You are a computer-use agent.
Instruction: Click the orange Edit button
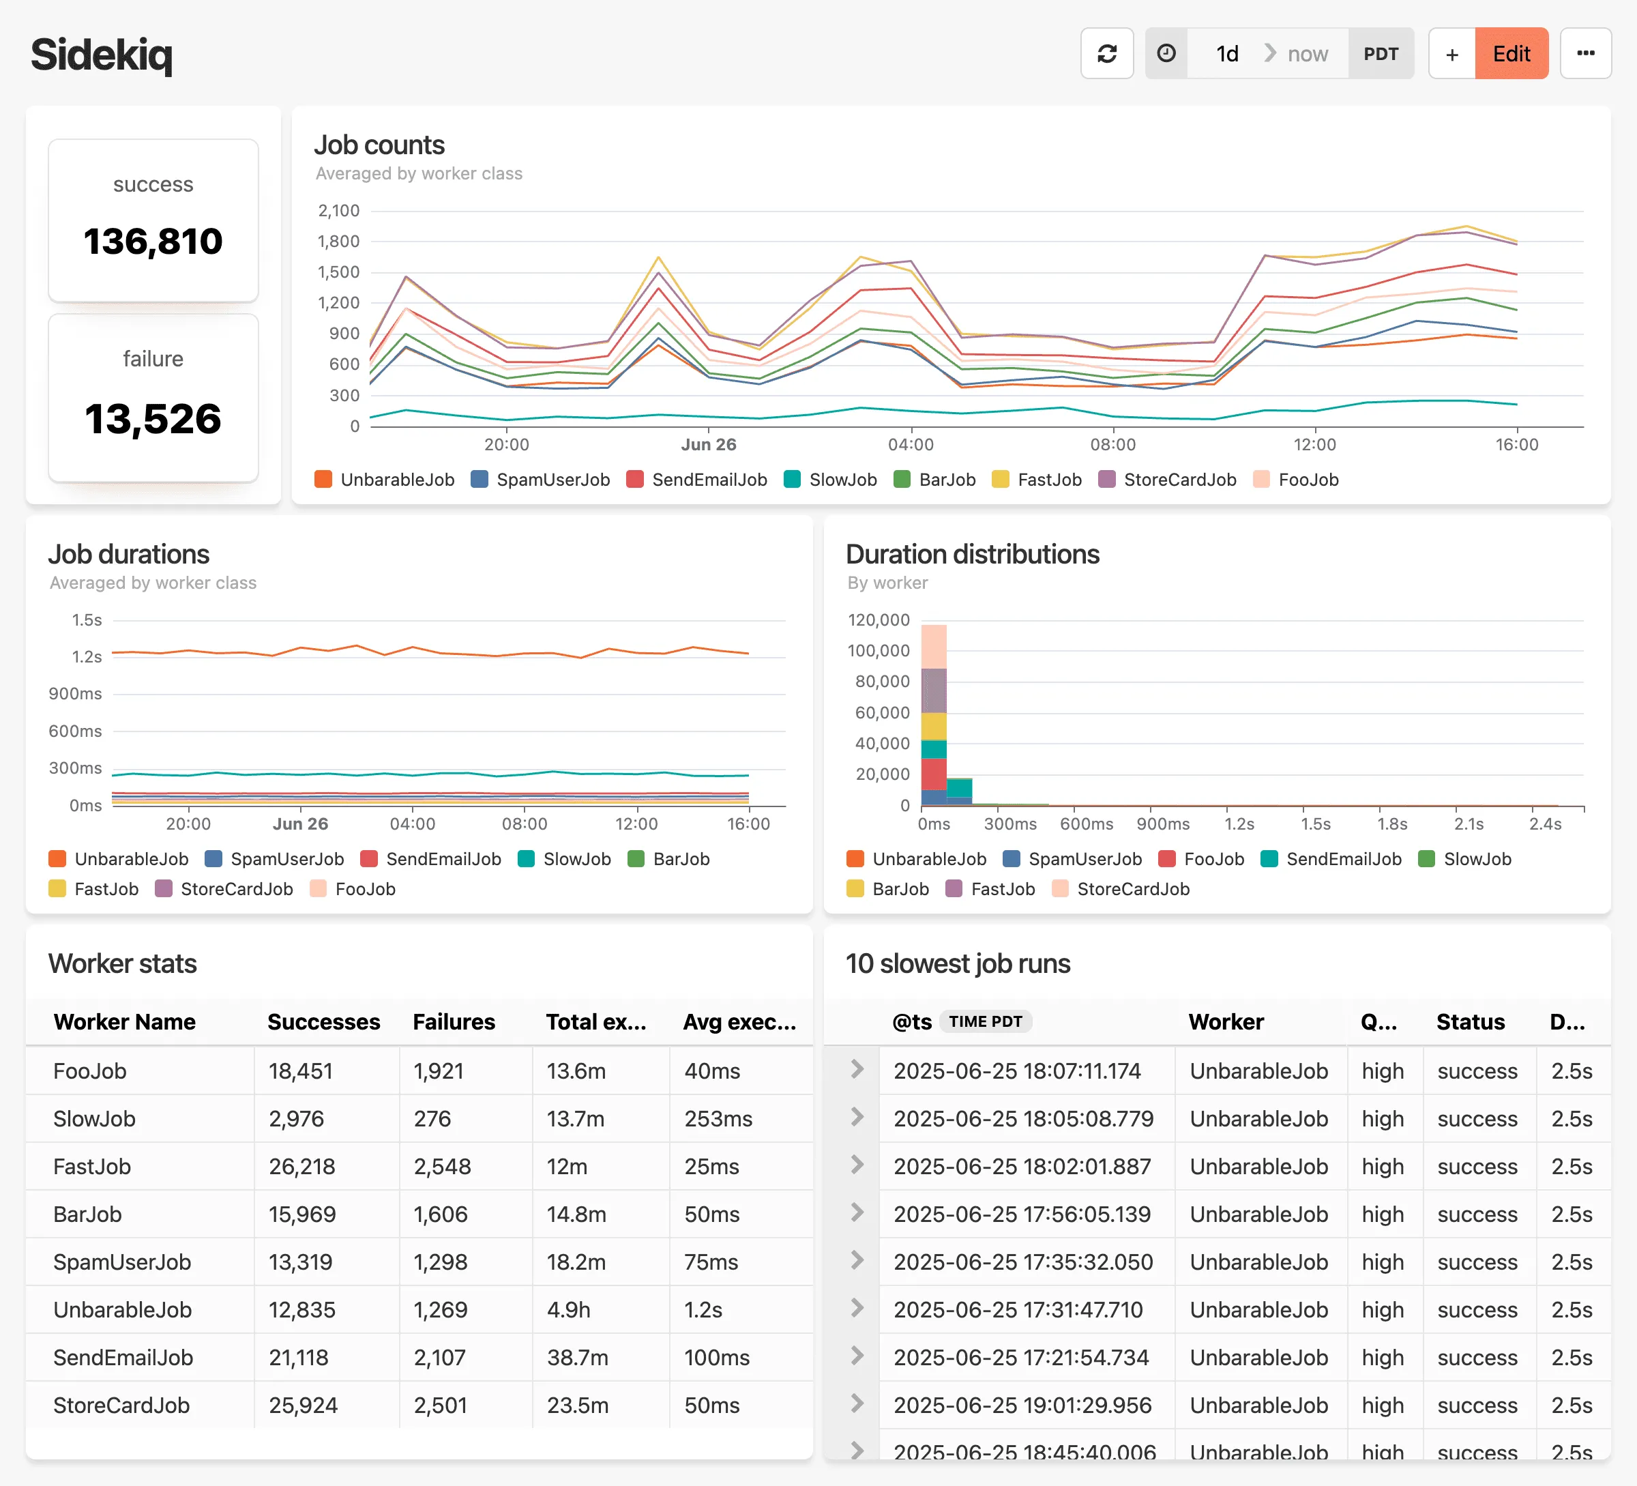pyautogui.click(x=1510, y=54)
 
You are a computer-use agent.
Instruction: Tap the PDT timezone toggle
pyautogui.click(x=1380, y=54)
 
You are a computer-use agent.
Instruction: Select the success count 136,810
pyautogui.click(x=153, y=241)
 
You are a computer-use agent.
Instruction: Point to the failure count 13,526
pyautogui.click(x=153, y=418)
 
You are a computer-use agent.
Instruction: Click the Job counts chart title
pyautogui.click(x=379, y=145)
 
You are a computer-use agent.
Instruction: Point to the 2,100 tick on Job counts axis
pyautogui.click(x=338, y=211)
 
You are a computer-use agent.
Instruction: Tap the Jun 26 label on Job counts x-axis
pyautogui.click(x=708, y=444)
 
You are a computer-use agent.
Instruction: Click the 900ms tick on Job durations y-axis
pyautogui.click(x=76, y=693)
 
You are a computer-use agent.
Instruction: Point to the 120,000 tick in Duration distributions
pyautogui.click(x=878, y=620)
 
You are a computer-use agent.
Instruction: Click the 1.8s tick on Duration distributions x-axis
pyautogui.click(x=1391, y=824)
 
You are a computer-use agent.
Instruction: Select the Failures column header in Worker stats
pyautogui.click(x=453, y=1021)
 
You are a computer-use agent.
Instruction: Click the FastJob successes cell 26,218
pyautogui.click(x=301, y=1167)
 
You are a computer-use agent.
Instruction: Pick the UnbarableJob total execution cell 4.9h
pyautogui.click(x=567, y=1310)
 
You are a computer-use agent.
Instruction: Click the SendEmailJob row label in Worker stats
pyautogui.click(x=123, y=1358)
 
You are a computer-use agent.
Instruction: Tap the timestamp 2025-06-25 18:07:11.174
pyautogui.click(x=1016, y=1071)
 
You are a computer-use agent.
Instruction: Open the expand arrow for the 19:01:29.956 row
pyautogui.click(x=857, y=1404)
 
